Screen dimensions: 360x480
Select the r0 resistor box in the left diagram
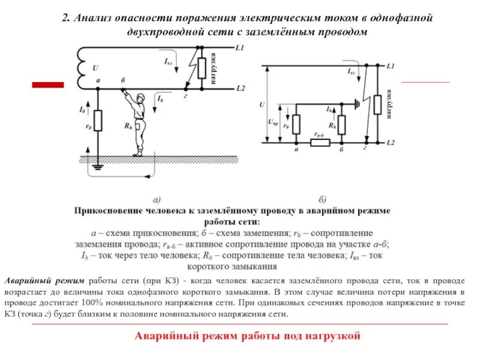(98, 121)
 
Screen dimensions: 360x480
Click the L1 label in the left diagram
(240, 47)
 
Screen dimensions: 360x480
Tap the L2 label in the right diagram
(391, 143)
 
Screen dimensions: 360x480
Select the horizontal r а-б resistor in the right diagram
(318, 143)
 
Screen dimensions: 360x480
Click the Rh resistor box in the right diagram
(341, 124)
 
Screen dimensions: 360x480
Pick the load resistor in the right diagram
(377, 104)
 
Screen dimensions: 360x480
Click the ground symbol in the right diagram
(358, 104)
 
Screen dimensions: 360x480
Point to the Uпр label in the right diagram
(274, 122)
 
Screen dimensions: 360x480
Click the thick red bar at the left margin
(47, 85)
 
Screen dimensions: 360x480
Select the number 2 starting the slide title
(67, 19)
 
